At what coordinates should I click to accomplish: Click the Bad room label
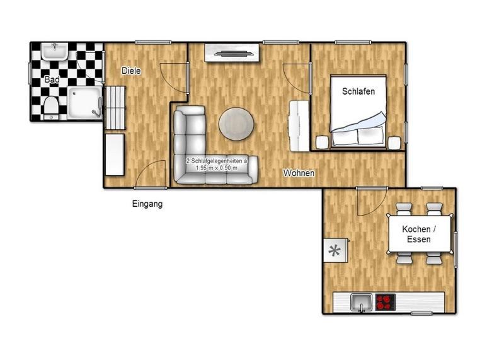coord(52,79)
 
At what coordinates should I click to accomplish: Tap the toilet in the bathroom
coord(50,107)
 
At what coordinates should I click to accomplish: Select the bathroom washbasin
coord(55,51)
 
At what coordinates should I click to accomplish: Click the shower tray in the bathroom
coord(85,103)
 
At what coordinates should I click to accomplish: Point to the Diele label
coord(131,71)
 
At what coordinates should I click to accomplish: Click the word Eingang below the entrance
coord(147,204)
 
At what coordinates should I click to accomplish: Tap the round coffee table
coord(236,124)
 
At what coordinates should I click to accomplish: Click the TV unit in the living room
coord(232,53)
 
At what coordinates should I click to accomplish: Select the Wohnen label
coord(299,173)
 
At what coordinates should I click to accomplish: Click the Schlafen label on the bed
coord(358,91)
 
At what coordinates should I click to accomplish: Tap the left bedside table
coord(322,142)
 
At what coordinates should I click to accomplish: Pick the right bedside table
coord(394,143)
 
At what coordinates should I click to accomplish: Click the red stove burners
coord(386,303)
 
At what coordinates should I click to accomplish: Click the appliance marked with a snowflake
coord(335,250)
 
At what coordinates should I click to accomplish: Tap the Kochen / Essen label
coord(419,234)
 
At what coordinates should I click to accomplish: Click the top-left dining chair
coord(404,209)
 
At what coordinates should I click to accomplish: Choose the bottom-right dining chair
coord(434,258)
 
